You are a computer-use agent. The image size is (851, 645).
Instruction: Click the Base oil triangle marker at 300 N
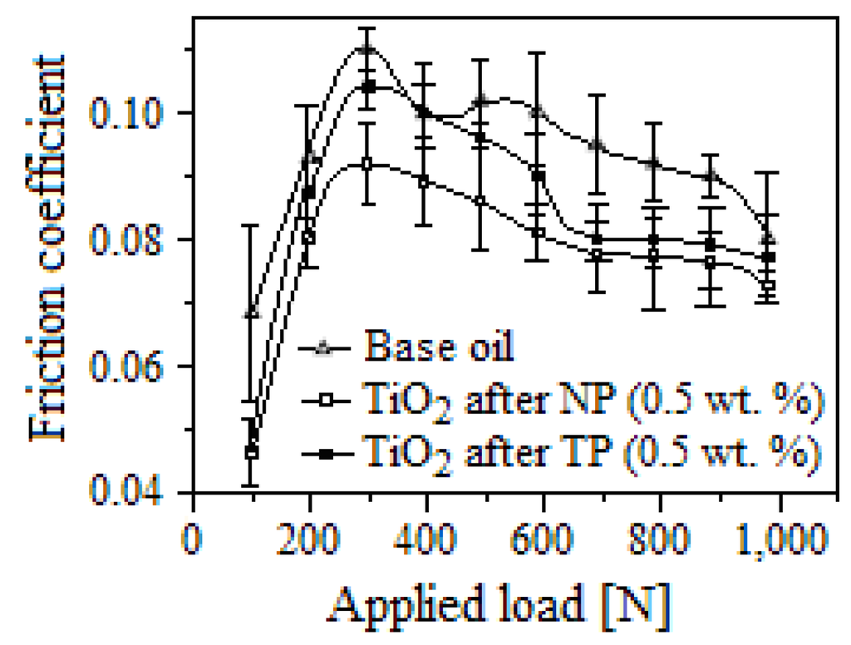point(367,48)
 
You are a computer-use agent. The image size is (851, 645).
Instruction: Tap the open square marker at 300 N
point(367,165)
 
